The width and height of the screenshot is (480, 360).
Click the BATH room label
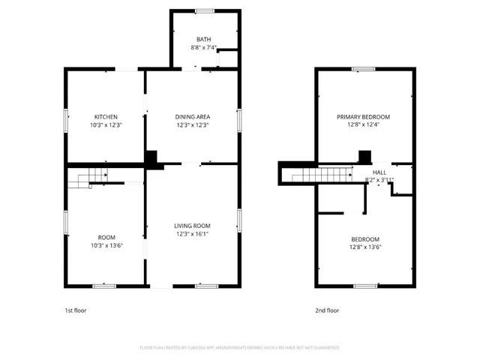[204, 39]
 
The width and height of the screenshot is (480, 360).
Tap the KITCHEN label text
[105, 117]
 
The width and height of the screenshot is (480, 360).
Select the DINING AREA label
[192, 117]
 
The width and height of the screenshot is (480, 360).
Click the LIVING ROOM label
[192, 226]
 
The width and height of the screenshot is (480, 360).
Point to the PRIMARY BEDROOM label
[363, 117]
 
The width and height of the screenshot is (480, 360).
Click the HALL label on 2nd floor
[379, 172]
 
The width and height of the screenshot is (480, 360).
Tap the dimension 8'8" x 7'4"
[204, 47]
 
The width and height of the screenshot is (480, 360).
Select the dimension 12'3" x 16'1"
[192, 234]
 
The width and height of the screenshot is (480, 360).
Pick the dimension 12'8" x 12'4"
[363, 125]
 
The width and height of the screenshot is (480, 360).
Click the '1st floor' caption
[75, 310]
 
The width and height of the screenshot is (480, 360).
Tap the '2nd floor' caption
[327, 310]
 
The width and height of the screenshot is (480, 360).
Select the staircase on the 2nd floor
[322, 175]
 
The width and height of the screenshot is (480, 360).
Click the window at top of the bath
[204, 10]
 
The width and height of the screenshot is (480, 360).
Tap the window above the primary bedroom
[364, 69]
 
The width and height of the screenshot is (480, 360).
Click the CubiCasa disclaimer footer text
[239, 348]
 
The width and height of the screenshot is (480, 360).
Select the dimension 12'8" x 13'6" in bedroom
[364, 247]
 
